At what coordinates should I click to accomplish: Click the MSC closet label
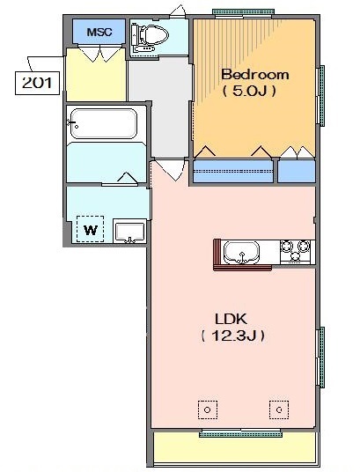99,32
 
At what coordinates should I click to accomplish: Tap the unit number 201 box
37,83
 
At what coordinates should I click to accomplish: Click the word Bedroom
255,75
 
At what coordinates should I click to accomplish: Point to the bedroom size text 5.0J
249,91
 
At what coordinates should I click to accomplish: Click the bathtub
104,123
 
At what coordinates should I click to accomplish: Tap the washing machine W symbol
91,229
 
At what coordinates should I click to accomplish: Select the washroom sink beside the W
130,232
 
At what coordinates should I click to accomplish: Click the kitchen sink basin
242,253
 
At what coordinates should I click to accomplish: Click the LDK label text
231,319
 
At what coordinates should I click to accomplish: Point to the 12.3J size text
233,336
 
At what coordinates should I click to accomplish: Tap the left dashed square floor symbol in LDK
208,409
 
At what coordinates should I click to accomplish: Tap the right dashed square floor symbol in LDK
279,409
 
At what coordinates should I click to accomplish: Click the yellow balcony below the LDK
235,448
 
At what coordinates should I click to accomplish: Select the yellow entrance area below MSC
96,75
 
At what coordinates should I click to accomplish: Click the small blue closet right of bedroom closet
297,171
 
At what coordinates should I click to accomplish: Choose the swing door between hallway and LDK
169,169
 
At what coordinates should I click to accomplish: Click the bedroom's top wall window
243,13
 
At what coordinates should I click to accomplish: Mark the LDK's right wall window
321,358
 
